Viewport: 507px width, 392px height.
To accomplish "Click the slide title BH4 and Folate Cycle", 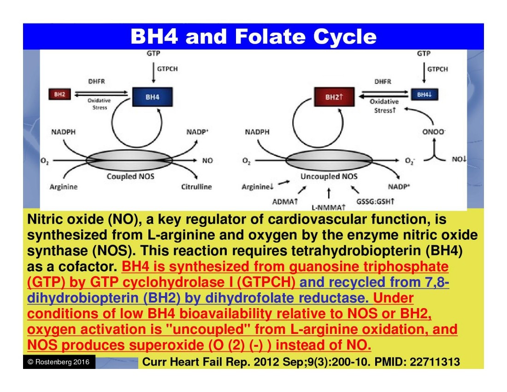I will click(x=253, y=36).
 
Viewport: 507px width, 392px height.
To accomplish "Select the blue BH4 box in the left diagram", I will click(x=153, y=97).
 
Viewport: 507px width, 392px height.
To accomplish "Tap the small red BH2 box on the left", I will click(x=59, y=94).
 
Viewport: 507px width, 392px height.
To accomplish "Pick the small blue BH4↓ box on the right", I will click(x=424, y=94).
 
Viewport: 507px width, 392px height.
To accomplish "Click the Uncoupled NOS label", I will click(x=329, y=176).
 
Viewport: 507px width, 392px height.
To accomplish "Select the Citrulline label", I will click(x=196, y=187).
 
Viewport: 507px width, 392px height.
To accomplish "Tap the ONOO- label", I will click(x=433, y=132).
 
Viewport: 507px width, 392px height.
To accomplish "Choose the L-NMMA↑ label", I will click(x=329, y=207).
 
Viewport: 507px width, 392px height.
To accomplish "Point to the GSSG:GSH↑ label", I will click(x=376, y=202).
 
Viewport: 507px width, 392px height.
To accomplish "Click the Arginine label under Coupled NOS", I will click(x=64, y=187).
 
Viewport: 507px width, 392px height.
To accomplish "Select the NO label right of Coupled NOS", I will click(x=207, y=161).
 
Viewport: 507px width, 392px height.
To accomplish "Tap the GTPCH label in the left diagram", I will click(x=167, y=69).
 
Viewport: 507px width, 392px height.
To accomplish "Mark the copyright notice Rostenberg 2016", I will click(x=59, y=362).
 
